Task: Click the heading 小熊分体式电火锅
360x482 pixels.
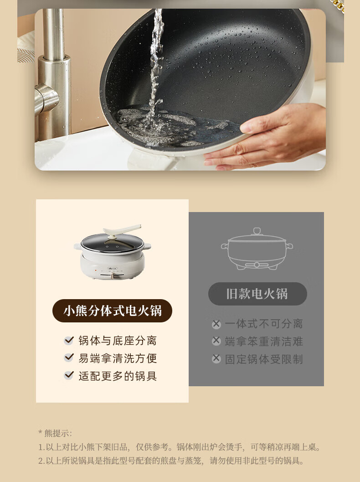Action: click(x=113, y=311)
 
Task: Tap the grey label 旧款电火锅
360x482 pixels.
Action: click(x=257, y=294)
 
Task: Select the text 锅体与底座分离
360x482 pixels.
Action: click(x=118, y=341)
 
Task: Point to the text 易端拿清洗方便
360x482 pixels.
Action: click(x=118, y=358)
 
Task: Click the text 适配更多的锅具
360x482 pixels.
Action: click(x=118, y=376)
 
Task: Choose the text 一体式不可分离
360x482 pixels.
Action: click(x=264, y=324)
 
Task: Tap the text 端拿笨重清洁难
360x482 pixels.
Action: click(x=264, y=341)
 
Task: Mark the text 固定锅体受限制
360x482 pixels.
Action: click(x=264, y=359)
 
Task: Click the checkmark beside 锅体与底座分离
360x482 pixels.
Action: click(x=69, y=340)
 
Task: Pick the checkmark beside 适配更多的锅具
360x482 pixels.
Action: click(x=69, y=375)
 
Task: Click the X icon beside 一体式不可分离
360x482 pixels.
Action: click(x=216, y=324)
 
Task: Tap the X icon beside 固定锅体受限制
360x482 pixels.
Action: click(x=216, y=358)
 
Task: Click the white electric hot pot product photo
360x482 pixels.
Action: click(x=113, y=252)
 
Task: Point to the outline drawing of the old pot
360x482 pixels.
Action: click(x=257, y=249)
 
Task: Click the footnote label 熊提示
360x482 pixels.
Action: click(x=55, y=433)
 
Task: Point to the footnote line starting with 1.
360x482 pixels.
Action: click(x=180, y=447)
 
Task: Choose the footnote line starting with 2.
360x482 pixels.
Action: click(x=171, y=461)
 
